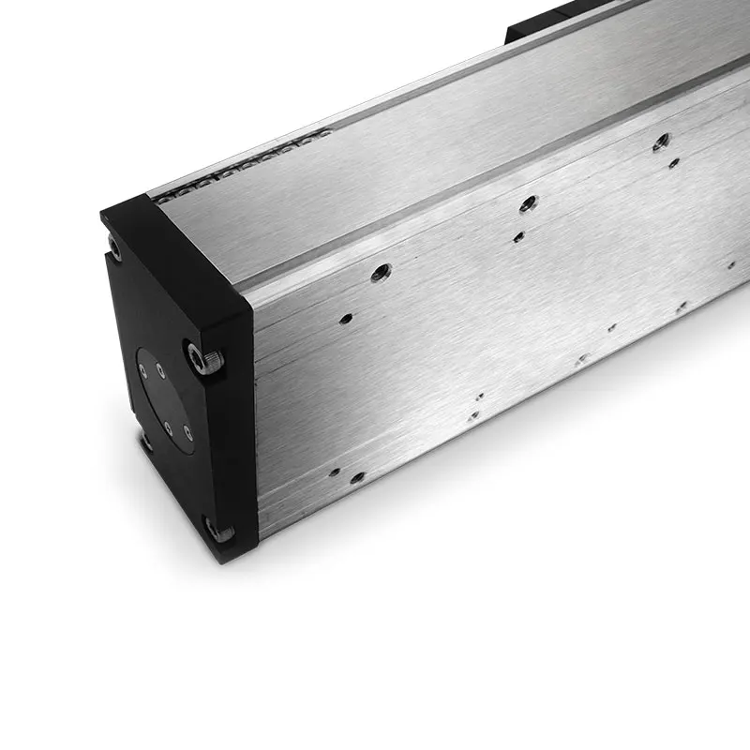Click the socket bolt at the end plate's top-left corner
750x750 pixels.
coord(114,248)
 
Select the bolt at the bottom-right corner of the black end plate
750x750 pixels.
coord(221,532)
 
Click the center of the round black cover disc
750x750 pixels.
coord(166,398)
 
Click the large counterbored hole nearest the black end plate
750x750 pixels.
coord(381,273)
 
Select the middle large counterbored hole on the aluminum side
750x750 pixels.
coord(528,202)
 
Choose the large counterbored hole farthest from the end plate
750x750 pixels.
coord(661,142)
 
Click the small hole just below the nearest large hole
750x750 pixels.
coord(346,318)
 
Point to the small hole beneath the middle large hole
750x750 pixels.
coord(517,237)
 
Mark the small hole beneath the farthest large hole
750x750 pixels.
coord(673,163)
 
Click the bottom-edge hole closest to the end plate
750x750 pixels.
coord(333,472)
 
